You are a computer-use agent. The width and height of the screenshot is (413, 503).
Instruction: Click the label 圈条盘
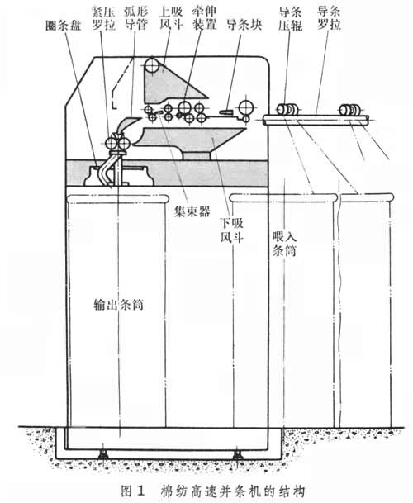(x=64, y=26)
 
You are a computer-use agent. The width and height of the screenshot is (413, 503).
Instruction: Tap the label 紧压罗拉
(x=103, y=18)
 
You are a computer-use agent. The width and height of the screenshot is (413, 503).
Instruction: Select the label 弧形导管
(x=136, y=18)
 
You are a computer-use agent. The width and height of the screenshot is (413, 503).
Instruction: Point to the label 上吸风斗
(x=171, y=18)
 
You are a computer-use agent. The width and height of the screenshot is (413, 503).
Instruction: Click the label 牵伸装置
(x=204, y=18)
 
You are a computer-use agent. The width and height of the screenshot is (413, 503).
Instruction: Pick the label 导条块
(x=244, y=25)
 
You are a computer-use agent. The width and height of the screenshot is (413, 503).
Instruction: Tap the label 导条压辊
(x=291, y=19)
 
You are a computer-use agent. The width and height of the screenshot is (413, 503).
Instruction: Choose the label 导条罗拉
(x=329, y=18)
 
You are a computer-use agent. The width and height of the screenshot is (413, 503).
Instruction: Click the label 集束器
(x=192, y=211)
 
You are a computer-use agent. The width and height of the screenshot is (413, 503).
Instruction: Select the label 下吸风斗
(x=231, y=230)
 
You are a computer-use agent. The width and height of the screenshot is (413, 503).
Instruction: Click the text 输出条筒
(x=118, y=304)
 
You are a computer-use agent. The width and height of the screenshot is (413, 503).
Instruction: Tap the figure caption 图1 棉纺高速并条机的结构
(x=212, y=491)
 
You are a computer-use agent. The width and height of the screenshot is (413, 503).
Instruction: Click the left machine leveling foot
(x=102, y=454)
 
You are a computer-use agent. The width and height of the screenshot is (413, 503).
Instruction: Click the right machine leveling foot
(x=237, y=454)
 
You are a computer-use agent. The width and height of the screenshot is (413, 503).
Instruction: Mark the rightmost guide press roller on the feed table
(x=350, y=110)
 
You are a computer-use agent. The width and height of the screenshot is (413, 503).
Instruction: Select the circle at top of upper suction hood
(x=152, y=66)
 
